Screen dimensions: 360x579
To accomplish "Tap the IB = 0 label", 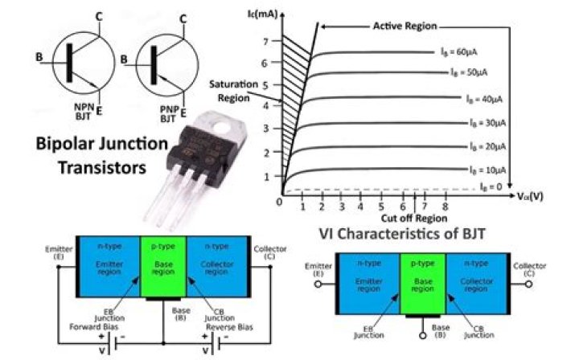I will pos(492,186).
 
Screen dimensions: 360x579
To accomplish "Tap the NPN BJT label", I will pos(84,112).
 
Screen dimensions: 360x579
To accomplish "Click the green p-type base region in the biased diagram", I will pos(163,265).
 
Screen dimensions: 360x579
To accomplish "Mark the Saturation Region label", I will pos(232,89).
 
